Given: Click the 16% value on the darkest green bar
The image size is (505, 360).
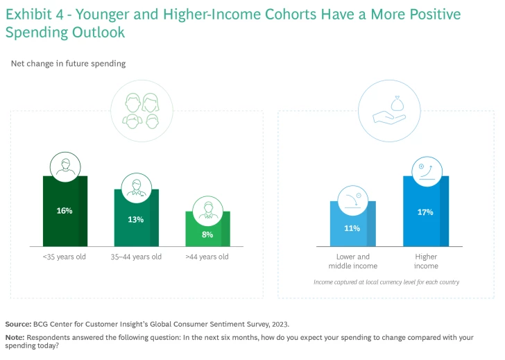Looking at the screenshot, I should [65, 211].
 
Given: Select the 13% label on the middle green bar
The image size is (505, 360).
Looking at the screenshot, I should [136, 219].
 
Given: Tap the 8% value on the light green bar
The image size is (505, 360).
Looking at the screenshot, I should [207, 234].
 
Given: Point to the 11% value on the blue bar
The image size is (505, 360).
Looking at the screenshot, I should [352, 228].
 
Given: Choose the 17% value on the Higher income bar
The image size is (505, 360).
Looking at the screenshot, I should [425, 212].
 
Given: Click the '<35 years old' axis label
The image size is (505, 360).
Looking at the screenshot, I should [65, 257].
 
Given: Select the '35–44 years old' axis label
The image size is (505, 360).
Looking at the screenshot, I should [136, 257].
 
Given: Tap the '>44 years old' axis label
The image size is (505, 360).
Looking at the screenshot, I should [207, 257].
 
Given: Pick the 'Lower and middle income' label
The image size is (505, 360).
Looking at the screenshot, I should [353, 262].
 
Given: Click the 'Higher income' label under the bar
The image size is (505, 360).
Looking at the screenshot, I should [426, 262].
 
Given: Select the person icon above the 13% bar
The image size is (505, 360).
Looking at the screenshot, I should [136, 188].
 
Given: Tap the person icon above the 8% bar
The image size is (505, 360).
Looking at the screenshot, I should [207, 209].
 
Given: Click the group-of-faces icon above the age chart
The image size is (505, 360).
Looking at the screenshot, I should [142, 111].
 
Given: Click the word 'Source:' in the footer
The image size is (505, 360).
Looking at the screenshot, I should [18, 324].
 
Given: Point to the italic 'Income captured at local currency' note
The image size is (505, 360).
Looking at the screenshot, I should [386, 282].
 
